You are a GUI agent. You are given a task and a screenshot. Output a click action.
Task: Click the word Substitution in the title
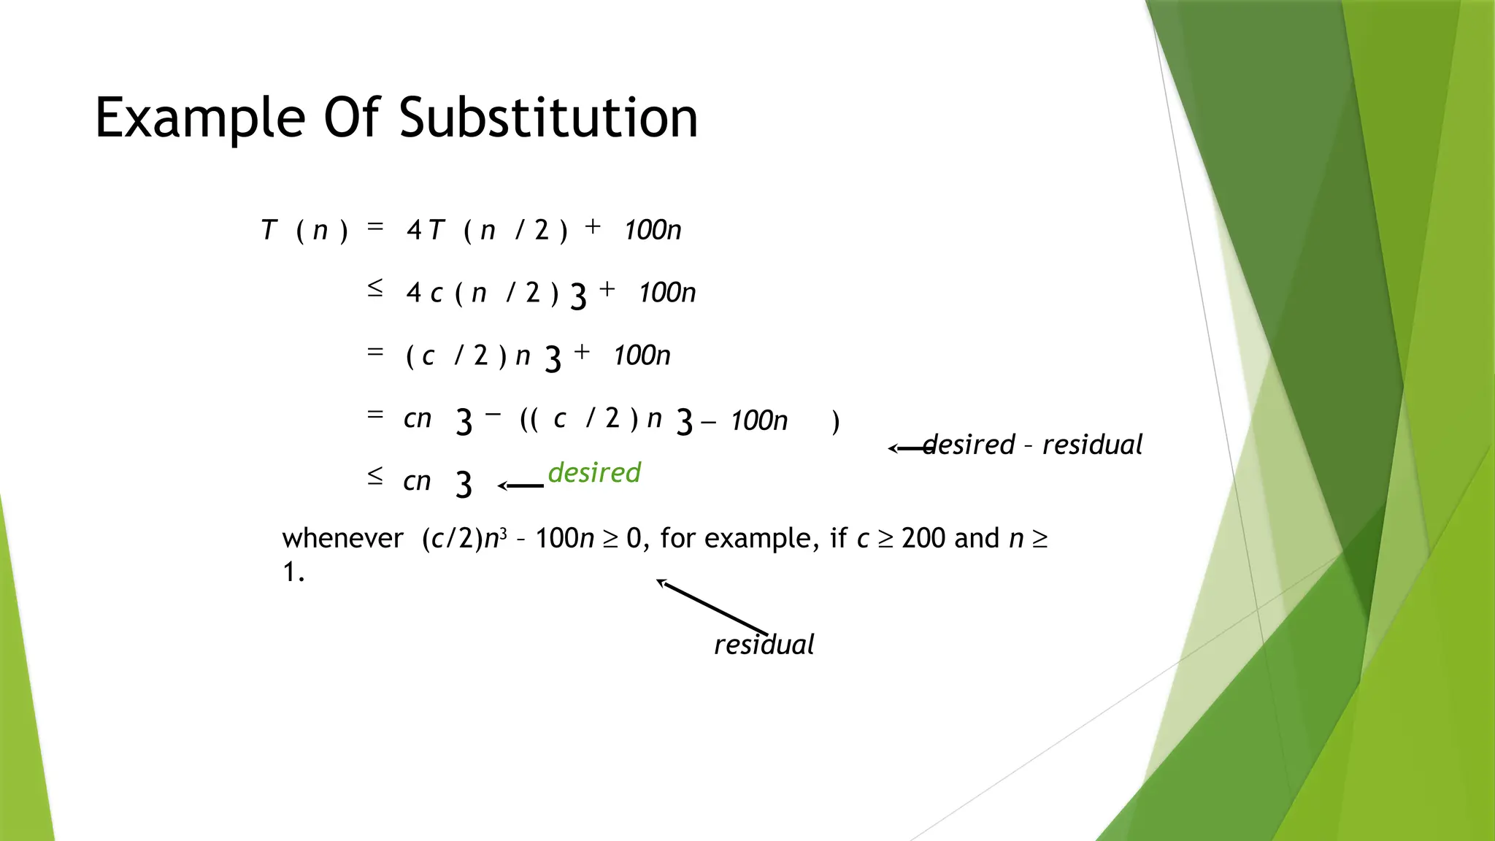pyautogui.click(x=548, y=118)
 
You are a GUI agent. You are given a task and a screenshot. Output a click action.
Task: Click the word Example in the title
pyautogui.click(x=199, y=118)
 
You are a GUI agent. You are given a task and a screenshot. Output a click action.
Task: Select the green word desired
pyautogui.click(x=594, y=472)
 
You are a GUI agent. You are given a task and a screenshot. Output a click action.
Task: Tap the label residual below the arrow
pyautogui.click(x=764, y=645)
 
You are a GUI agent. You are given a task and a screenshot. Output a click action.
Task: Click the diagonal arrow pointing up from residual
pyautogui.click(x=712, y=607)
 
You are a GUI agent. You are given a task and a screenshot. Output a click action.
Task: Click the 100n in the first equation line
pyautogui.click(x=652, y=230)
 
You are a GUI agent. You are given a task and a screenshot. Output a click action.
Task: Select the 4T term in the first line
pyautogui.click(x=425, y=230)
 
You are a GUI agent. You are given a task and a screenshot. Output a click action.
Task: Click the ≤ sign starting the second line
pyautogui.click(x=374, y=288)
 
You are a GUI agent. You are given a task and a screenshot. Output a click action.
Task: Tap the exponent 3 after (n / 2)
pyautogui.click(x=578, y=297)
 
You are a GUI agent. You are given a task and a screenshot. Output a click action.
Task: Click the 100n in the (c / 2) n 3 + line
pyautogui.click(x=641, y=356)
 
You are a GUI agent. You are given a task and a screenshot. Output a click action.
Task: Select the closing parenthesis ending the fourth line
pyautogui.click(x=836, y=422)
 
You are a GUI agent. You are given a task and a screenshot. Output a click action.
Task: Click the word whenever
pyautogui.click(x=342, y=539)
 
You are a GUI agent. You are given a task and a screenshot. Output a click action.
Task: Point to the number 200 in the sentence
pyautogui.click(x=923, y=539)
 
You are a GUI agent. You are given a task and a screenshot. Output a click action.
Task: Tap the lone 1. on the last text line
pyautogui.click(x=293, y=572)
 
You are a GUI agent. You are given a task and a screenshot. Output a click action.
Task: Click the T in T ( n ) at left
pyautogui.click(x=269, y=230)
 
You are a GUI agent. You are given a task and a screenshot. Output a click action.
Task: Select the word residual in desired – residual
pyautogui.click(x=1092, y=445)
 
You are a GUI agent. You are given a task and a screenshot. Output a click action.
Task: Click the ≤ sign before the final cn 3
pyautogui.click(x=374, y=477)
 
